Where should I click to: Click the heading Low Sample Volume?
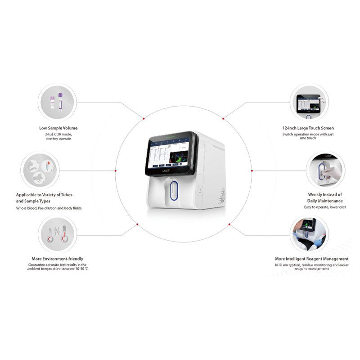[58, 128]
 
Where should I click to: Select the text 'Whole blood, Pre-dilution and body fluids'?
[49, 208]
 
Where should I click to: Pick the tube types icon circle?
[40, 171]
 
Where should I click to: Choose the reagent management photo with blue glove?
[308, 234]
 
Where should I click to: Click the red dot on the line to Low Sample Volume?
[144, 119]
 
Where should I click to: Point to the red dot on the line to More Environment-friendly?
[137, 224]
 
